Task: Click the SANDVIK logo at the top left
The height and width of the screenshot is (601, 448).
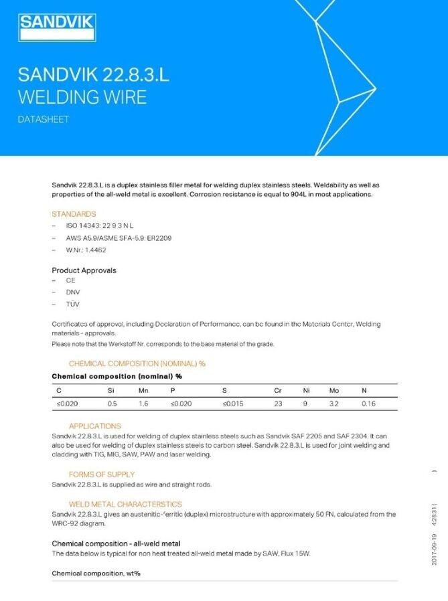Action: (57, 27)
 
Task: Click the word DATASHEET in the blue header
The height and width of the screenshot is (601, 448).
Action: (44, 120)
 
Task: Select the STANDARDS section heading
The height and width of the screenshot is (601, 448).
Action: (74, 214)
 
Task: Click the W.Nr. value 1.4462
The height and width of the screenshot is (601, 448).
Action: (95, 250)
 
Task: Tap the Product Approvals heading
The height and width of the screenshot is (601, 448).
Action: (84, 270)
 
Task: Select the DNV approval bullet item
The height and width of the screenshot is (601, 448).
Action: (73, 292)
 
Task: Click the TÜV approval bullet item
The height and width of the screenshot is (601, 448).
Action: (72, 304)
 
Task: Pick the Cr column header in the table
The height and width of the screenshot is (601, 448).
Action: (278, 390)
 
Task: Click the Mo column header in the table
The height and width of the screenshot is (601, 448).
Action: (333, 390)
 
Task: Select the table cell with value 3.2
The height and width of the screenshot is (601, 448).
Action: (333, 404)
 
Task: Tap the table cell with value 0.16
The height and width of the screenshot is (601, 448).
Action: (368, 404)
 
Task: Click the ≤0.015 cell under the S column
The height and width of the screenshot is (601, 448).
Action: (234, 404)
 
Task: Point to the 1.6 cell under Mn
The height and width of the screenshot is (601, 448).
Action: (143, 404)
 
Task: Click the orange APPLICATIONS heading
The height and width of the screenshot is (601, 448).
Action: (95, 426)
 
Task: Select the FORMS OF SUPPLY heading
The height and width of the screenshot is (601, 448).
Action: (102, 475)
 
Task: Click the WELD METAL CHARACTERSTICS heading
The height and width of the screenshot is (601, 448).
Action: (125, 504)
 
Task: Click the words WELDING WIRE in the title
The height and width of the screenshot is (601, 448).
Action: (82, 97)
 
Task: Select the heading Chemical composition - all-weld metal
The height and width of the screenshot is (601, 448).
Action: (116, 543)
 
